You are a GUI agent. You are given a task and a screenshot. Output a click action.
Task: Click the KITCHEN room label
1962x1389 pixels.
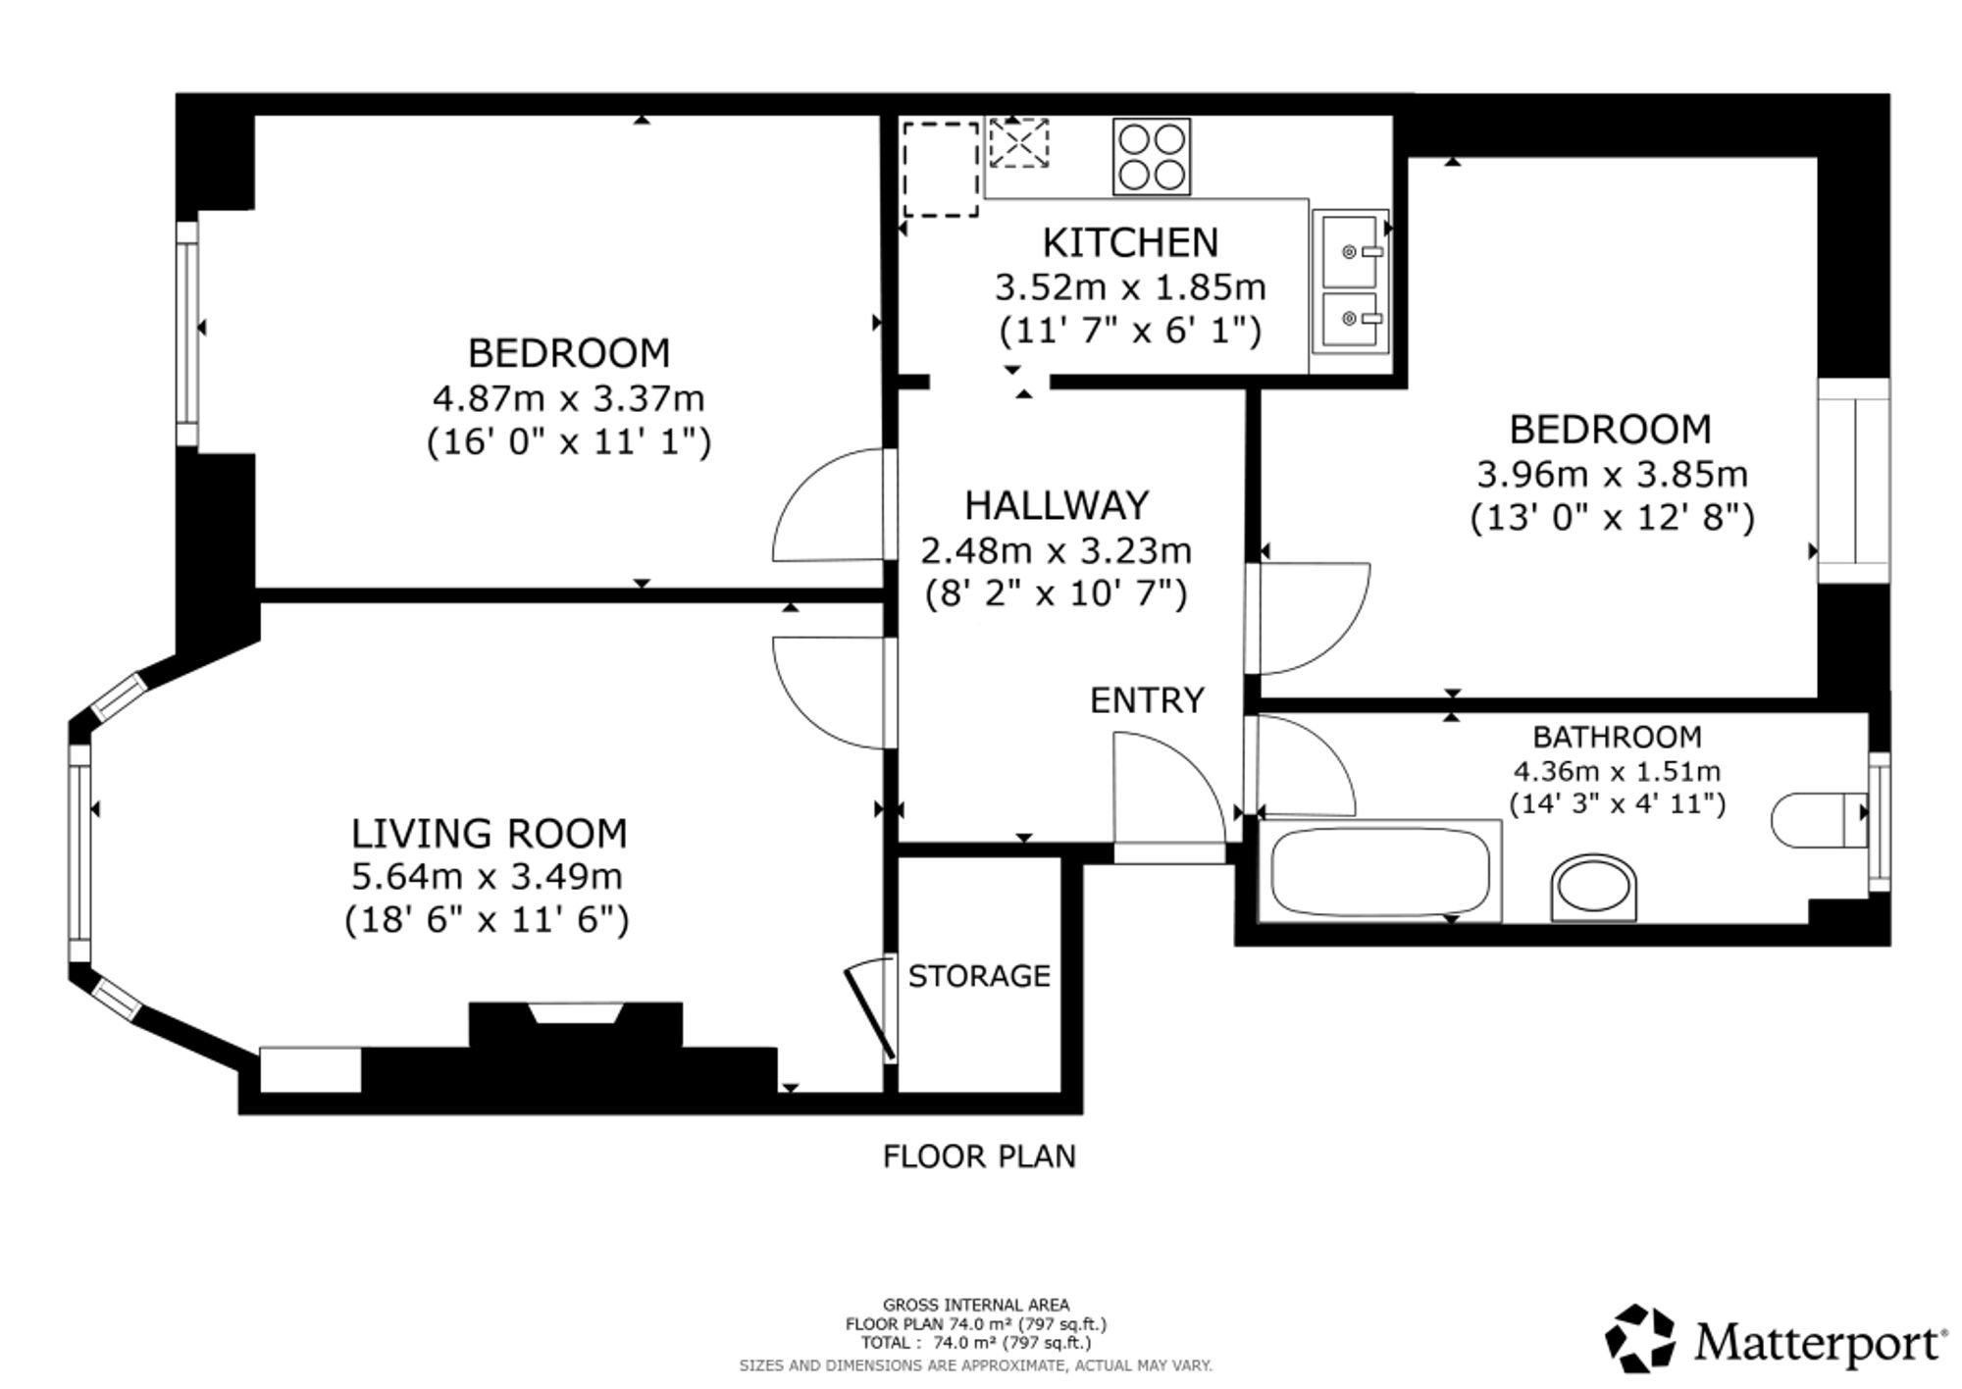click(1130, 242)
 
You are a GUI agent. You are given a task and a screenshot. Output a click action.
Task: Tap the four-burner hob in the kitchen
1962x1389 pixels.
click(1152, 157)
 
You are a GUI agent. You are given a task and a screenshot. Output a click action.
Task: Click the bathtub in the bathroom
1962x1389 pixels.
click(1379, 871)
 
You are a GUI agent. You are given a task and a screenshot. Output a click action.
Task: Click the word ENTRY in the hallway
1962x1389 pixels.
click(1147, 700)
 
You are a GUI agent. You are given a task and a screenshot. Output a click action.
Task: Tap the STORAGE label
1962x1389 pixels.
click(979, 976)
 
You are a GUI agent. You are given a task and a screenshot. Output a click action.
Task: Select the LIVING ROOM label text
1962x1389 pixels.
click(489, 834)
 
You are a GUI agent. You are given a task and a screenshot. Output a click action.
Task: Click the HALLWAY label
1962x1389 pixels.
click(1057, 506)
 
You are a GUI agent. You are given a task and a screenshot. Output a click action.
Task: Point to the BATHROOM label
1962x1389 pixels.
click(1617, 737)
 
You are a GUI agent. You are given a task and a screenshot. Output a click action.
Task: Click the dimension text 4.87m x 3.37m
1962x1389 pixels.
click(569, 399)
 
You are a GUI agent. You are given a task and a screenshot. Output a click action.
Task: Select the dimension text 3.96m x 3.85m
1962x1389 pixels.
click(1612, 475)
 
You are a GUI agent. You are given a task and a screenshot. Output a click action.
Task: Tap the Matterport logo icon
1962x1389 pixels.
click(1640, 1338)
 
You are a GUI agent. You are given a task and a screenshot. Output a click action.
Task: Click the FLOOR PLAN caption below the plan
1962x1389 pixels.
click(979, 1157)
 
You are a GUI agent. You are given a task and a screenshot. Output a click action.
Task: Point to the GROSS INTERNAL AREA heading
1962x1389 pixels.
click(976, 1305)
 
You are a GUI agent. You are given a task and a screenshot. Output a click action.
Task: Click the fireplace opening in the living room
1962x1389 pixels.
click(576, 1013)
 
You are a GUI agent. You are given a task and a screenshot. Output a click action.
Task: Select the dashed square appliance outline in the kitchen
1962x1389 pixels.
click(941, 169)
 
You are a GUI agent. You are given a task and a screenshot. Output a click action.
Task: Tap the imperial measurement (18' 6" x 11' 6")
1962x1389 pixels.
click(487, 920)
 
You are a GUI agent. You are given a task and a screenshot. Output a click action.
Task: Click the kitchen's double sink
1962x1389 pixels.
click(1351, 282)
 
